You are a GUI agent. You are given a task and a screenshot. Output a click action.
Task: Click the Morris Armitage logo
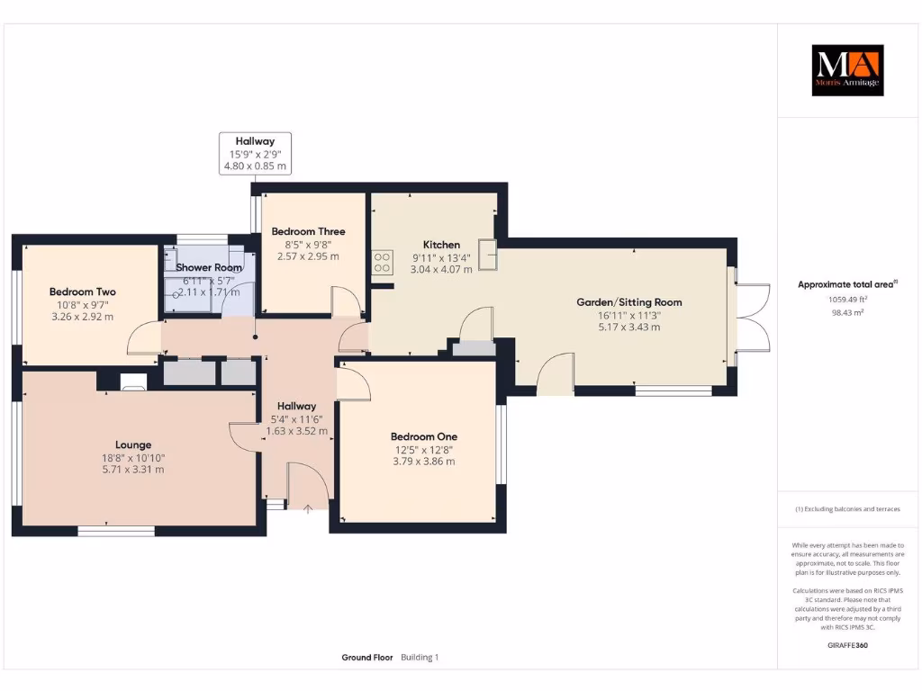coord(847,70)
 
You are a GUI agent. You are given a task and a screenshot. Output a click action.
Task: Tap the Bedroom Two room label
coord(82,292)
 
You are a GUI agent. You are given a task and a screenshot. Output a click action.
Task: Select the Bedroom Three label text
coord(308,231)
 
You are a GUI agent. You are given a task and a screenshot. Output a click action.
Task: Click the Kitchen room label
coord(441,245)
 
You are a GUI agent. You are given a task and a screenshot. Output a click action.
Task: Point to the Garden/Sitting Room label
coord(629,302)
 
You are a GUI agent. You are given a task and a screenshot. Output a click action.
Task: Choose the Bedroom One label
coord(417,436)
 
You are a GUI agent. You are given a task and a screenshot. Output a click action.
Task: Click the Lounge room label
coord(133,444)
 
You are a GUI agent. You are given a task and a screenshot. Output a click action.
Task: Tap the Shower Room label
coord(209,268)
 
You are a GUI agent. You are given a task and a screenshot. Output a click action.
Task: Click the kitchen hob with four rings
coord(381,262)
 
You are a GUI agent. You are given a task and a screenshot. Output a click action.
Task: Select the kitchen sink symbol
coord(489,255)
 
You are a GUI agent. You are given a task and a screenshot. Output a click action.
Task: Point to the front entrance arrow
coord(308,509)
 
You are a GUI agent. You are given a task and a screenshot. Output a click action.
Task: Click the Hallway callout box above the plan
coord(255,153)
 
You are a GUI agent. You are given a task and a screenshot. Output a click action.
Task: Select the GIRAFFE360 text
coord(846,645)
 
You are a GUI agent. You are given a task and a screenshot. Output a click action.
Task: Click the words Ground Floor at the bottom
coord(367,658)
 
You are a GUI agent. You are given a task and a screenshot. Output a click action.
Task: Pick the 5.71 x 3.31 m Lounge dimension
coord(133,470)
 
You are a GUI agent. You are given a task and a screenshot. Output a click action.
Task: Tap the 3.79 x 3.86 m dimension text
coord(417,462)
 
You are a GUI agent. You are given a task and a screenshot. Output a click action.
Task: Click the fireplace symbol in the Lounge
coord(132,383)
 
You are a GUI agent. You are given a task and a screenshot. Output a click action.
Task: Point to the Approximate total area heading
coord(845,284)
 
